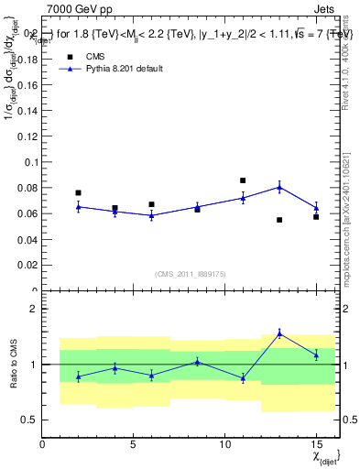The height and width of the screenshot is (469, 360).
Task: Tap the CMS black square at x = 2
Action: pyautogui.click(x=78, y=193)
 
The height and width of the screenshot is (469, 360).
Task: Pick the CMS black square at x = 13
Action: pyautogui.click(x=279, y=220)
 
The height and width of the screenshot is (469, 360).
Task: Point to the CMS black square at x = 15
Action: pyautogui.click(x=316, y=217)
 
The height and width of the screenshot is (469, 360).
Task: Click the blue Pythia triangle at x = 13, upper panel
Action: pyautogui.click(x=279, y=187)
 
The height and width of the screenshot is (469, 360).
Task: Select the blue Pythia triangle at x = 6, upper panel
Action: pyautogui.click(x=151, y=215)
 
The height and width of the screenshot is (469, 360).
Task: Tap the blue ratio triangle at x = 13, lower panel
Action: pyautogui.click(x=279, y=333)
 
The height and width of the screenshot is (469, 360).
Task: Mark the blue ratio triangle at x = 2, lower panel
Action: pyautogui.click(x=78, y=376)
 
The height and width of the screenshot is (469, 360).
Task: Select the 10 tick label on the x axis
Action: pyautogui.click(x=224, y=444)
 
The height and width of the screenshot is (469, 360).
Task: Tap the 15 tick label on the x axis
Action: pyautogui.click(x=316, y=444)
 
